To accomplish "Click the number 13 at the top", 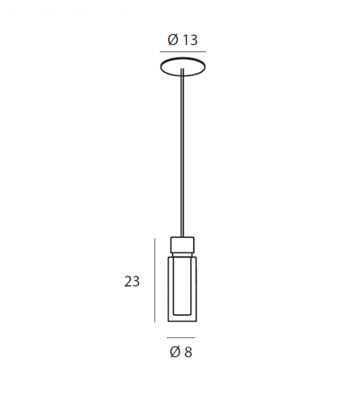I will pos(190,40).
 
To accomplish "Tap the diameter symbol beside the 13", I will pos(172,40).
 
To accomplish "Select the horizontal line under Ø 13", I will pos(183,51).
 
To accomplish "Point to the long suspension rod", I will pos(183,157).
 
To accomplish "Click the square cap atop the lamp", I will pos(183,243).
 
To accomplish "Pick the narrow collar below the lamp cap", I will pos(183,252).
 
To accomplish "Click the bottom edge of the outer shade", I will pos(183,321).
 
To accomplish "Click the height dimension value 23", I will pos(132,281).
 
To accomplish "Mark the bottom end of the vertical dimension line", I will pos(154,321).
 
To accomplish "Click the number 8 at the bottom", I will pos(188,352).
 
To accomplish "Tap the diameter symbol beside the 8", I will pos(175,352).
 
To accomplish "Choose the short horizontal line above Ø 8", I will pos(181,338).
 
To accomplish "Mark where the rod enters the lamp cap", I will pos(183,237).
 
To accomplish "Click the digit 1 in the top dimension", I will pos(186,40).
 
